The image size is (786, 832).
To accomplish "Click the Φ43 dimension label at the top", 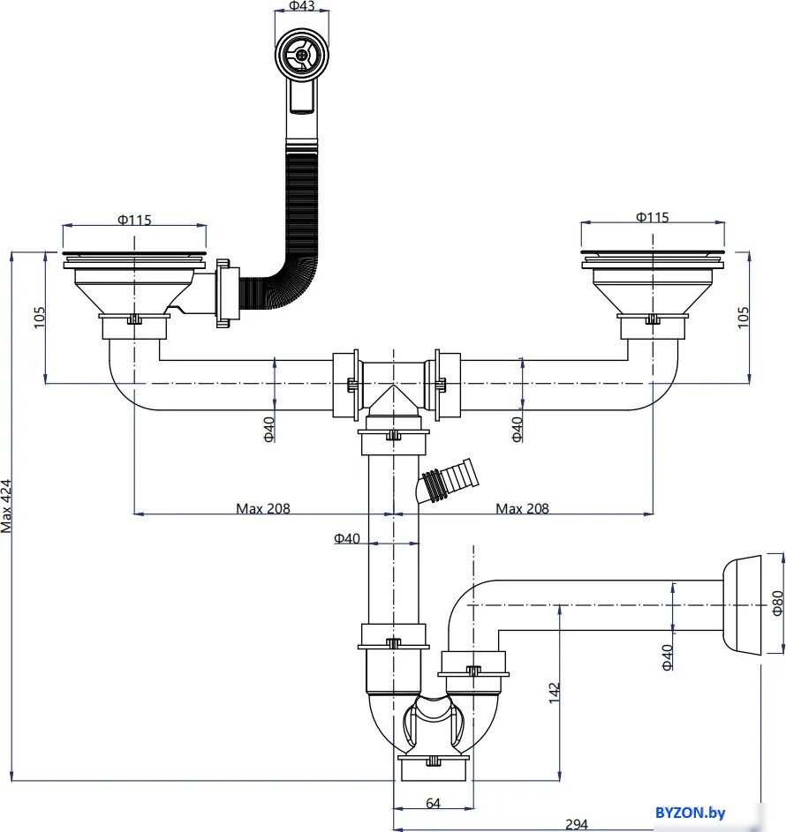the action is coord(302,6).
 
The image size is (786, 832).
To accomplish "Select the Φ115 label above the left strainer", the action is coord(134,220).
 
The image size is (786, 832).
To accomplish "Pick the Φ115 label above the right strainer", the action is coord(652,217).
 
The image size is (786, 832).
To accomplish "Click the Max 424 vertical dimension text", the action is coord(6,506).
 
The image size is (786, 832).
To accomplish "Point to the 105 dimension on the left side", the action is coord(39,318).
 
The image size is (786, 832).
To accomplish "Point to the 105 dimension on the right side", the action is coord(743,318).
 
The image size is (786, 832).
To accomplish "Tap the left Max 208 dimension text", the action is coord(263,508).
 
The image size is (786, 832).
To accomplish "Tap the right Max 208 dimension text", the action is coord(522,508).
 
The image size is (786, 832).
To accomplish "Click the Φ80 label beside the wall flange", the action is coord(777,603).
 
